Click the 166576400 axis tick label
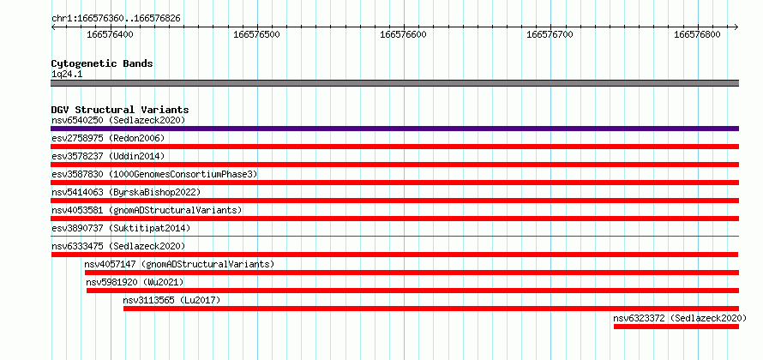coord(110,35)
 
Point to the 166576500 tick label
coord(256,35)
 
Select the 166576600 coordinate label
coord(404,35)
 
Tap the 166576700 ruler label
coord(550,35)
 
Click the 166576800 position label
coord(697,35)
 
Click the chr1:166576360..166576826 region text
coord(116,19)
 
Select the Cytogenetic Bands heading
coord(102,63)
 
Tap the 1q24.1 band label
coord(67,75)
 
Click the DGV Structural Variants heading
coord(120,110)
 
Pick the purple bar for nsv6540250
coord(394,129)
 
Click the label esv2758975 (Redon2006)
coord(108,138)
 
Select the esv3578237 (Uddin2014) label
coord(108,156)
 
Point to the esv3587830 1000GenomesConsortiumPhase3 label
coord(154,174)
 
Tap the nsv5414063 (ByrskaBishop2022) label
coord(125,192)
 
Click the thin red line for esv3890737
coord(394,236)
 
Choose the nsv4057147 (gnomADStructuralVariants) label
coord(179,264)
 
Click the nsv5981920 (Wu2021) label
coord(135,282)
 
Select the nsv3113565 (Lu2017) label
coord(171,300)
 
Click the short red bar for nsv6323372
coord(676,327)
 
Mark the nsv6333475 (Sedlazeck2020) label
coord(118,246)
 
